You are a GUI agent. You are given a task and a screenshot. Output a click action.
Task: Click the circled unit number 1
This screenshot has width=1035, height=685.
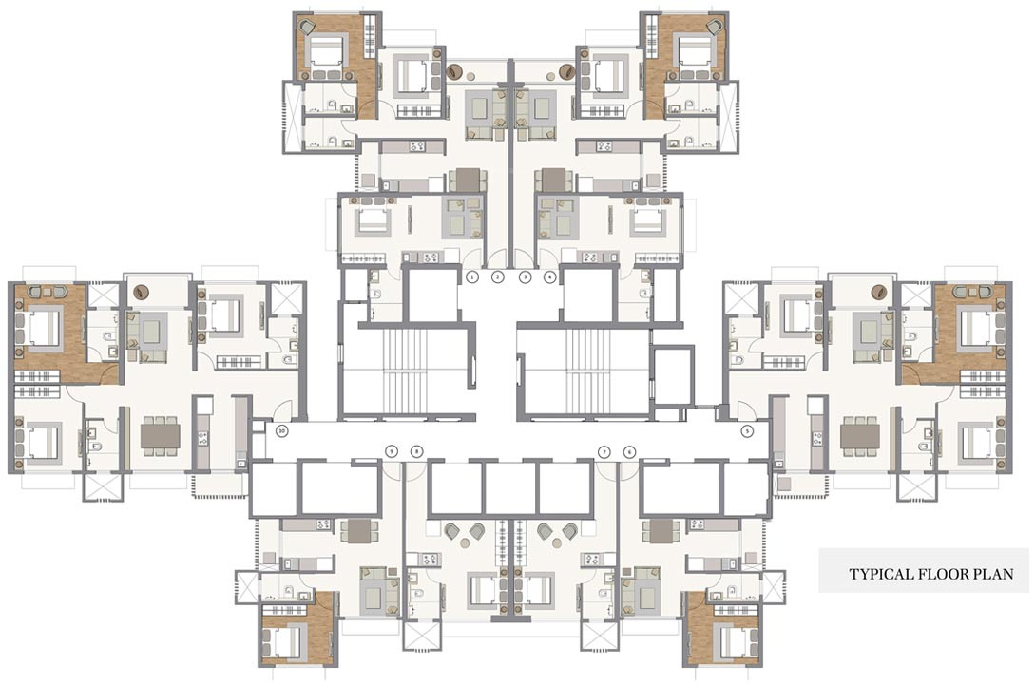coord(471,277)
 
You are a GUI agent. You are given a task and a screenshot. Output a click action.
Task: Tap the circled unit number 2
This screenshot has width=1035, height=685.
coord(497,277)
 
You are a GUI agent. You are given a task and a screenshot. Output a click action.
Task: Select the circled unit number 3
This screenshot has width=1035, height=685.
coord(524,277)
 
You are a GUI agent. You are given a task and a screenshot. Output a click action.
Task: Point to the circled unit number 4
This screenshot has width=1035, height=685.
coord(549,277)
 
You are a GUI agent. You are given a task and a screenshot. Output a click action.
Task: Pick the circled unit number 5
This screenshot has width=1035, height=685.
coord(747,430)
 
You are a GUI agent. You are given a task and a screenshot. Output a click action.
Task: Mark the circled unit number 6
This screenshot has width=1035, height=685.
coord(628,451)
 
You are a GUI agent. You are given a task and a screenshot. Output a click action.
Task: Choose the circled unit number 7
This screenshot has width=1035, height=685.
coord(603,451)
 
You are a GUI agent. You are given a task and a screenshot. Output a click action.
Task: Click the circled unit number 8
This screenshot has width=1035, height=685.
coord(415,451)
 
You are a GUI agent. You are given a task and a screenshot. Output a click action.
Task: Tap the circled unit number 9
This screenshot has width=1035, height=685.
coord(390,451)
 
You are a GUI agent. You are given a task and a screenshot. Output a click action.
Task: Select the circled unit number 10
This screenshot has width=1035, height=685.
coord(280,430)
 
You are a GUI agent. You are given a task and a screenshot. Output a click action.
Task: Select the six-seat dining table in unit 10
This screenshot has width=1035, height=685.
coord(160,435)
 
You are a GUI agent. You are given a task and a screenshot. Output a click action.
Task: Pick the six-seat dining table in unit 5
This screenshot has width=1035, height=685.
coord(859,435)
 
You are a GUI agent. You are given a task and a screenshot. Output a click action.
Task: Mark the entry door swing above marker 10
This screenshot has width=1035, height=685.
coord(281,410)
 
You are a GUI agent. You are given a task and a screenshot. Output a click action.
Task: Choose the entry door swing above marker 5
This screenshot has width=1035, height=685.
coord(746,410)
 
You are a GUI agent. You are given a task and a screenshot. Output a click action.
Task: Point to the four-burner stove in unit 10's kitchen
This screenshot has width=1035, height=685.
coord(202,438)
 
